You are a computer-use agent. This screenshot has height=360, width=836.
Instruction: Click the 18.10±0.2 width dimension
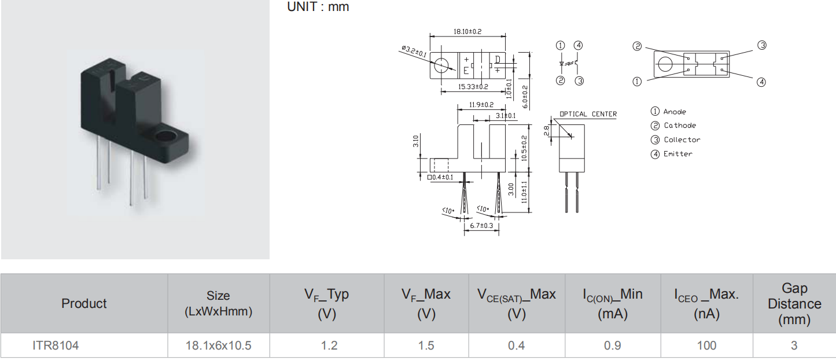pyautogui.click(x=467, y=31)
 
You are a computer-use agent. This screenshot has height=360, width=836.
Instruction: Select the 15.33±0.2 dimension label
pyautogui.click(x=473, y=87)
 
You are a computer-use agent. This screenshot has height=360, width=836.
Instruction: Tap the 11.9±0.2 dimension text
pyautogui.click(x=481, y=105)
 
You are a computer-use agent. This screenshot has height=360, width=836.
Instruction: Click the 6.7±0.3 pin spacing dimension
pyautogui.click(x=481, y=225)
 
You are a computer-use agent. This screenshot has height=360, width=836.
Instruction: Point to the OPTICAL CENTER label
pyautogui.click(x=588, y=114)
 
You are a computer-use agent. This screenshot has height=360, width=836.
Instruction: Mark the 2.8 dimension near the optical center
pyautogui.click(x=547, y=131)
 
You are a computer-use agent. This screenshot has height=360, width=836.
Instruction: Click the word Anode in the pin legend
pyautogui.click(x=675, y=112)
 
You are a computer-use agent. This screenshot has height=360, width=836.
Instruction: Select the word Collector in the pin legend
pyautogui.click(x=682, y=139)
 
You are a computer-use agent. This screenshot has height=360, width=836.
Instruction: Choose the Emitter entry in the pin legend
pyautogui.click(x=678, y=153)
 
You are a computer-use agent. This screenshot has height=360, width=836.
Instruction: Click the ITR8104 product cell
pyautogui.click(x=55, y=346)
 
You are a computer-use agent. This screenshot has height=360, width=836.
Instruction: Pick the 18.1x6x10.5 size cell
pyautogui.click(x=218, y=346)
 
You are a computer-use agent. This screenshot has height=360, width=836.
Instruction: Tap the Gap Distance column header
pyautogui.click(x=794, y=304)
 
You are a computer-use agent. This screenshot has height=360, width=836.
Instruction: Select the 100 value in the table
pyautogui.click(x=706, y=346)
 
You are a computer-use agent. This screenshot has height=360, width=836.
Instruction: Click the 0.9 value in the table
pyautogui.click(x=612, y=346)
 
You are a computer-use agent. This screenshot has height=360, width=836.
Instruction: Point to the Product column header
pyautogui.click(x=84, y=303)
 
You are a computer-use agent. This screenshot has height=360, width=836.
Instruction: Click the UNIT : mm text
pyautogui.click(x=318, y=7)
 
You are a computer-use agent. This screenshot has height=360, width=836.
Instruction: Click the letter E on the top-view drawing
pyautogui.click(x=466, y=72)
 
